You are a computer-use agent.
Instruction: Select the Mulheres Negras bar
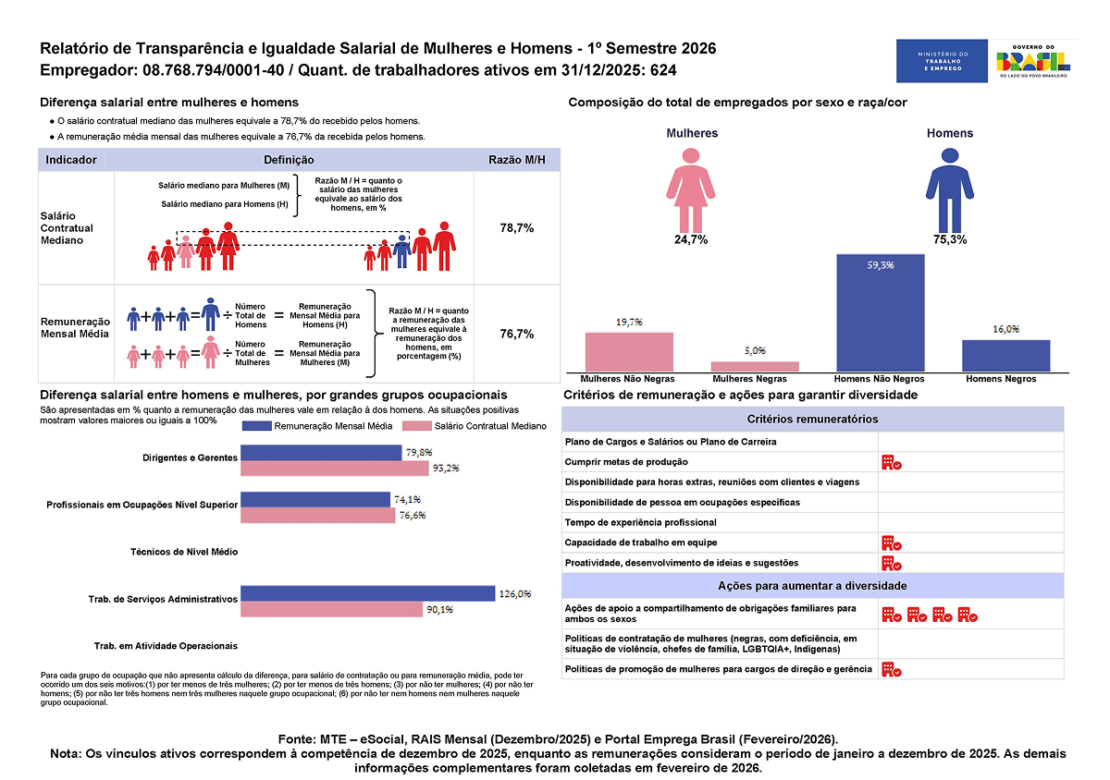coord(755,366)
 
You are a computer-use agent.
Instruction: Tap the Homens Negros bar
coord(1005,356)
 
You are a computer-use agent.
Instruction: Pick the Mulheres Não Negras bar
coord(629,352)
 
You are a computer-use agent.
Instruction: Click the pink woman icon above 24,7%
coord(691,189)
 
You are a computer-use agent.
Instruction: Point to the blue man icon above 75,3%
coord(949,189)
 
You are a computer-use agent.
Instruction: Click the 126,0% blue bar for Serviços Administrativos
coord(368,593)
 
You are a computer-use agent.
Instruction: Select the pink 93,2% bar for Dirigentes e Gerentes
coord(335,468)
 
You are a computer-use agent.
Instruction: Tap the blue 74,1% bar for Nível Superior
coord(315,499)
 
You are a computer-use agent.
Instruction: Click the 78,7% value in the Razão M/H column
coord(516,228)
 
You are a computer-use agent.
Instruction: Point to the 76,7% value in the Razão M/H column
coord(516,334)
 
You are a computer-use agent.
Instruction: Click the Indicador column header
coord(71,160)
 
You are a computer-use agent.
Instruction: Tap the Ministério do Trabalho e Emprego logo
coord(940,62)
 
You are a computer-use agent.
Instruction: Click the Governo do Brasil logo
coord(1032,62)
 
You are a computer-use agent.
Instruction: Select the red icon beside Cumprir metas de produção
coord(891,462)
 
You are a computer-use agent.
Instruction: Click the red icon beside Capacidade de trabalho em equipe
coord(891,542)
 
